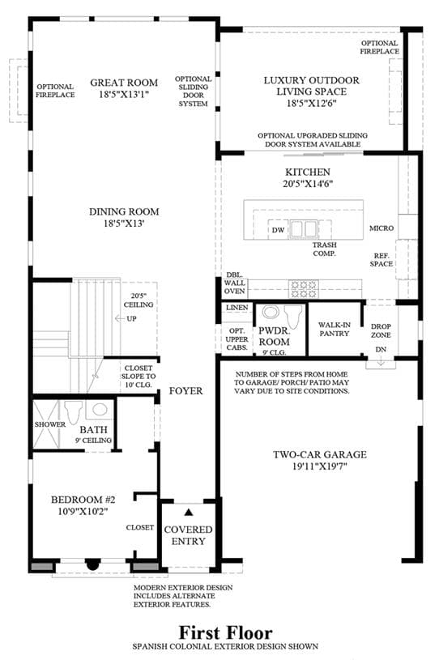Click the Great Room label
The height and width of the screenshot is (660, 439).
[124, 83]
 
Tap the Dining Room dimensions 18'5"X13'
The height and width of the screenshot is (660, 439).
[124, 223]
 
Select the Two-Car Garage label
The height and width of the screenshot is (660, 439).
[320, 454]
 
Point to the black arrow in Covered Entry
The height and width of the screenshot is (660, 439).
[189, 513]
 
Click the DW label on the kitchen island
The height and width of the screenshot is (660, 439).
[278, 230]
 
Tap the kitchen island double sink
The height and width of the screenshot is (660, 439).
[304, 229]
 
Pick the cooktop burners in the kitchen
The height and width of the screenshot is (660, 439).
[303, 289]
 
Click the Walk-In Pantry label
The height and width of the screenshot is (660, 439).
[335, 329]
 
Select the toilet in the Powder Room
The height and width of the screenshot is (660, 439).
[293, 317]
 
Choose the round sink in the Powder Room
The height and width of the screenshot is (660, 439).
[271, 313]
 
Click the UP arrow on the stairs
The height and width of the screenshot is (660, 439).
[120, 318]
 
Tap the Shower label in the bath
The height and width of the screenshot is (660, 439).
[50, 424]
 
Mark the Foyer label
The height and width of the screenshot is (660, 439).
[185, 391]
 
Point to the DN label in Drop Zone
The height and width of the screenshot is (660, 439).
[381, 349]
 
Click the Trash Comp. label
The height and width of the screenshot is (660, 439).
[325, 249]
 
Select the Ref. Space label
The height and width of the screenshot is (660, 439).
[381, 260]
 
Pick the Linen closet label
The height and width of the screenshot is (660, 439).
[237, 308]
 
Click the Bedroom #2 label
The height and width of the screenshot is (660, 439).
[83, 500]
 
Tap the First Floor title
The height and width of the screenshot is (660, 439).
[226, 632]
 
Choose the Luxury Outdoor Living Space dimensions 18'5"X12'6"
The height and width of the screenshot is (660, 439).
[312, 103]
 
